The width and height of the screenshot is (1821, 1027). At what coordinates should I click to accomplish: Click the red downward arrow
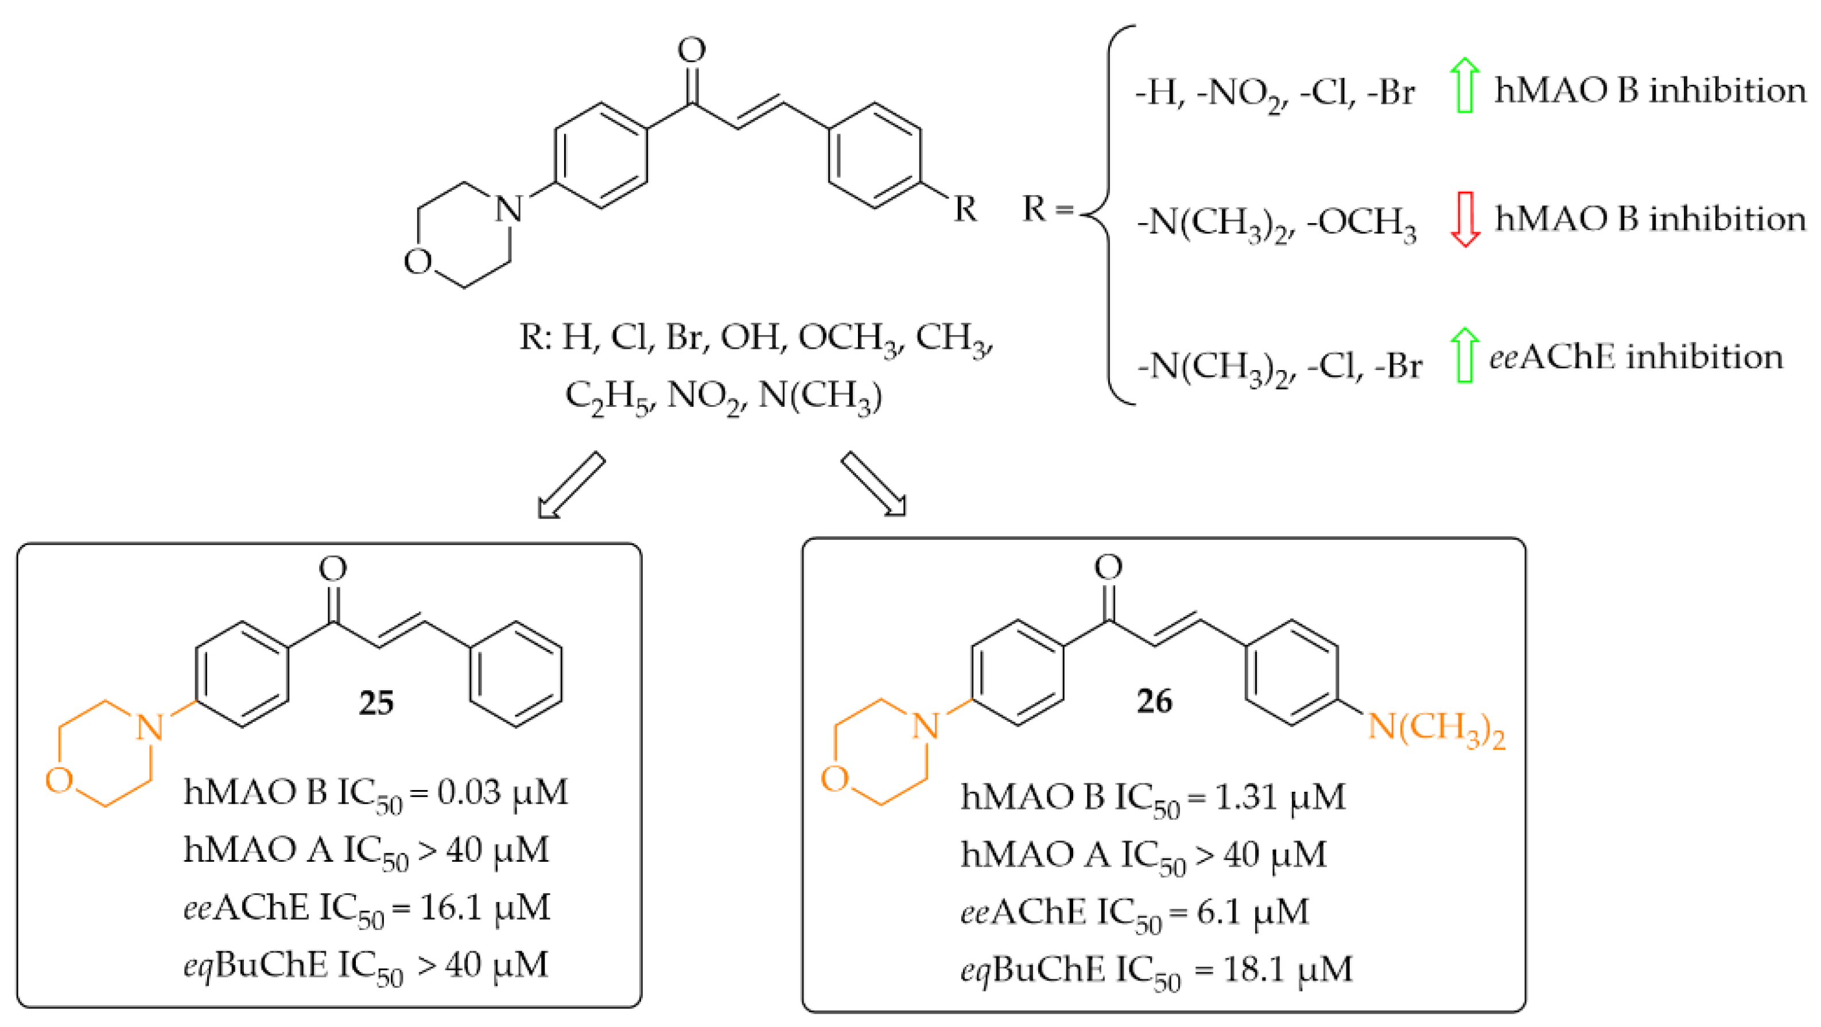pos(1465,219)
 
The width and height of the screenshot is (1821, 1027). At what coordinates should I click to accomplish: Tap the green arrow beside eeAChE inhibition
pos(1465,356)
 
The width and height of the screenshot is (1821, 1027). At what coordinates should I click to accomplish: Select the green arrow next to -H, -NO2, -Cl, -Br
pos(1465,85)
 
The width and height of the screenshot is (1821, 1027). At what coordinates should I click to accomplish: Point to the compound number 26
pos(1154,701)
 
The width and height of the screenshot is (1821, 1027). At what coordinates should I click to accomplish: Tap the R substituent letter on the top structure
pos(965,209)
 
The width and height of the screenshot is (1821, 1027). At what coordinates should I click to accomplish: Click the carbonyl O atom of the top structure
pos(692,49)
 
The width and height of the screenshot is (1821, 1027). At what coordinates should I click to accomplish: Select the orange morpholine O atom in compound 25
pos(59,780)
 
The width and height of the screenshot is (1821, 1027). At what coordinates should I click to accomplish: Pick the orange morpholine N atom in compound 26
pos(925,726)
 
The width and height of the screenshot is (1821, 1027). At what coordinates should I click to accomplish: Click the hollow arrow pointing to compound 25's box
pos(570,485)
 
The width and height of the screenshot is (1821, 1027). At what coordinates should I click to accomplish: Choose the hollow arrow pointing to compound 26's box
pos(873,485)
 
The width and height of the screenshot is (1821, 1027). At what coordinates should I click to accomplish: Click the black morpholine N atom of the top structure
pos(509,209)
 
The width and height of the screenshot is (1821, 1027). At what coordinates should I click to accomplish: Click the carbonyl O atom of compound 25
pos(333,568)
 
